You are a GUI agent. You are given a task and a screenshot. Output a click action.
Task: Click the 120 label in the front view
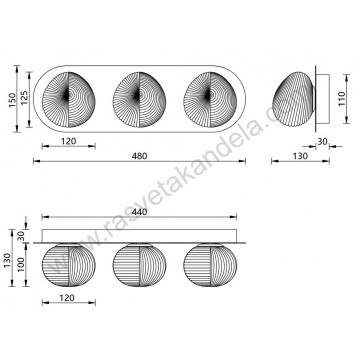point(68,142)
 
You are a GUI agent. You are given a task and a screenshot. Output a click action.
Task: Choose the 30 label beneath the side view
point(322,142)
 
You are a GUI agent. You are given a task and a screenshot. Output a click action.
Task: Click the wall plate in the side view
point(320,98)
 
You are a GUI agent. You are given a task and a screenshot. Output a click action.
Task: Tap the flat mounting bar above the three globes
point(139,235)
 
